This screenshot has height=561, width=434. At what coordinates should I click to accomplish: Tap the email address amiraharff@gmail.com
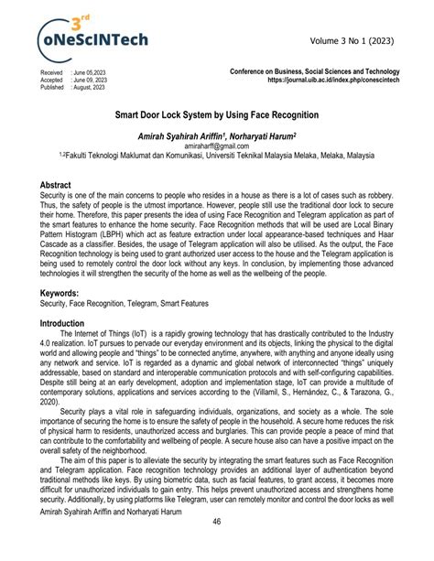coord(216,145)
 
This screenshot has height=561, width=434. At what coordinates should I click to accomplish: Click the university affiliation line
coord(216,155)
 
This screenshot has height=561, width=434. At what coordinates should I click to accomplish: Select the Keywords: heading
coord(60,293)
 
